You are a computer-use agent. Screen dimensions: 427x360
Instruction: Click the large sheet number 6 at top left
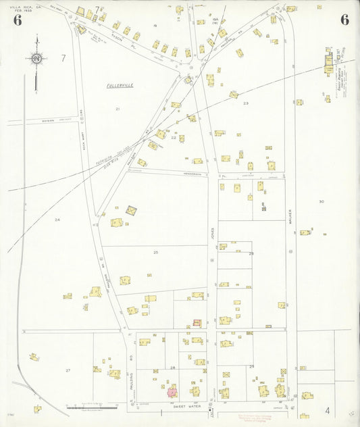[x=17, y=20]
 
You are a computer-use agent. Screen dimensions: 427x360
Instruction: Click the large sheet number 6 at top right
[x=344, y=20]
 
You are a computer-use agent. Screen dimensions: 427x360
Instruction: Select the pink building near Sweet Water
[x=172, y=391]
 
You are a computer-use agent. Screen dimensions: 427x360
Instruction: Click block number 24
[x=57, y=220]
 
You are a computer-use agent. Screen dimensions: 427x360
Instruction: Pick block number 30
[x=322, y=201]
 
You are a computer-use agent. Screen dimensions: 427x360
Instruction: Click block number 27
[x=68, y=370]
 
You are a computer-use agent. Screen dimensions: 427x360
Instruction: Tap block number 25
[x=155, y=252]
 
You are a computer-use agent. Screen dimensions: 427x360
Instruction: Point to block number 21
[x=118, y=109]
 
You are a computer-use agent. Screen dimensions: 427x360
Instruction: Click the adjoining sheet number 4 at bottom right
[x=326, y=410]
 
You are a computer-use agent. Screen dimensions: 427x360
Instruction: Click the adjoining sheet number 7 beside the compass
[x=63, y=58]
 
